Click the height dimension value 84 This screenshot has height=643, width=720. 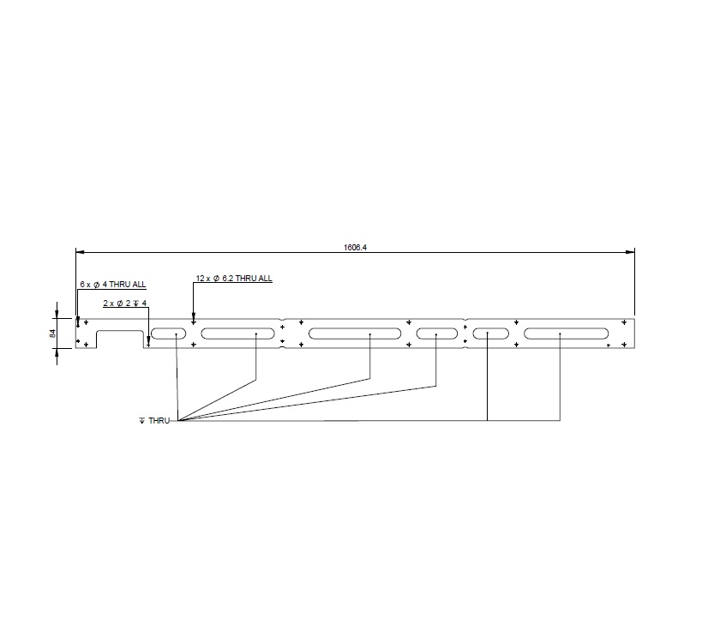click(52, 333)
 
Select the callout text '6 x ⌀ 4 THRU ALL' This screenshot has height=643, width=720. click(113, 284)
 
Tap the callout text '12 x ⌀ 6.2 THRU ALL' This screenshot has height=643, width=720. click(234, 279)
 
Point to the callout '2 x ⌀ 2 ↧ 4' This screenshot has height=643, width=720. click(126, 303)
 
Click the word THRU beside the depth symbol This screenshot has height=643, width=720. click(159, 421)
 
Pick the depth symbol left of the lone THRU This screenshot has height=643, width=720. click(142, 421)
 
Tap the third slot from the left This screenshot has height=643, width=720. click(355, 333)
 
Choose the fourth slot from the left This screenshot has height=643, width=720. click(438, 333)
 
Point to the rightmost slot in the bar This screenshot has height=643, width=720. click(567, 333)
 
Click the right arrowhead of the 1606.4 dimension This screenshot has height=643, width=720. click(631, 252)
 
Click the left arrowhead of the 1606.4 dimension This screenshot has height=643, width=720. click(81, 252)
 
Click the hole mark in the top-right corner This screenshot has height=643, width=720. click(625, 322)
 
